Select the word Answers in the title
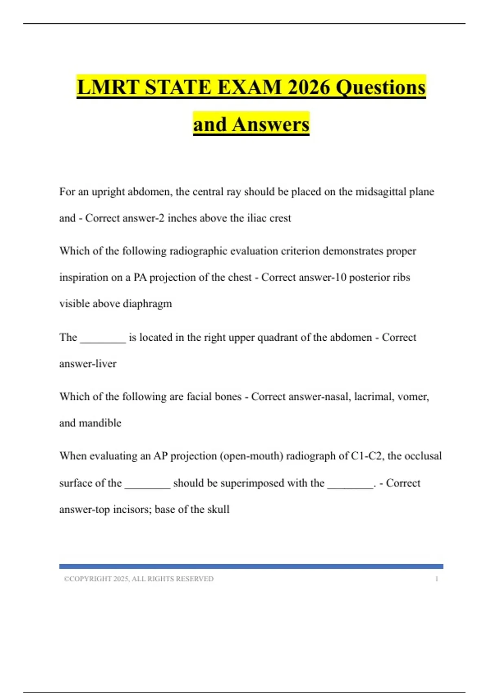[271, 124]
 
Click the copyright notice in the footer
[139, 579]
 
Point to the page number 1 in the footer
[436, 579]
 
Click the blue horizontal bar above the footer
[251, 566]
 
